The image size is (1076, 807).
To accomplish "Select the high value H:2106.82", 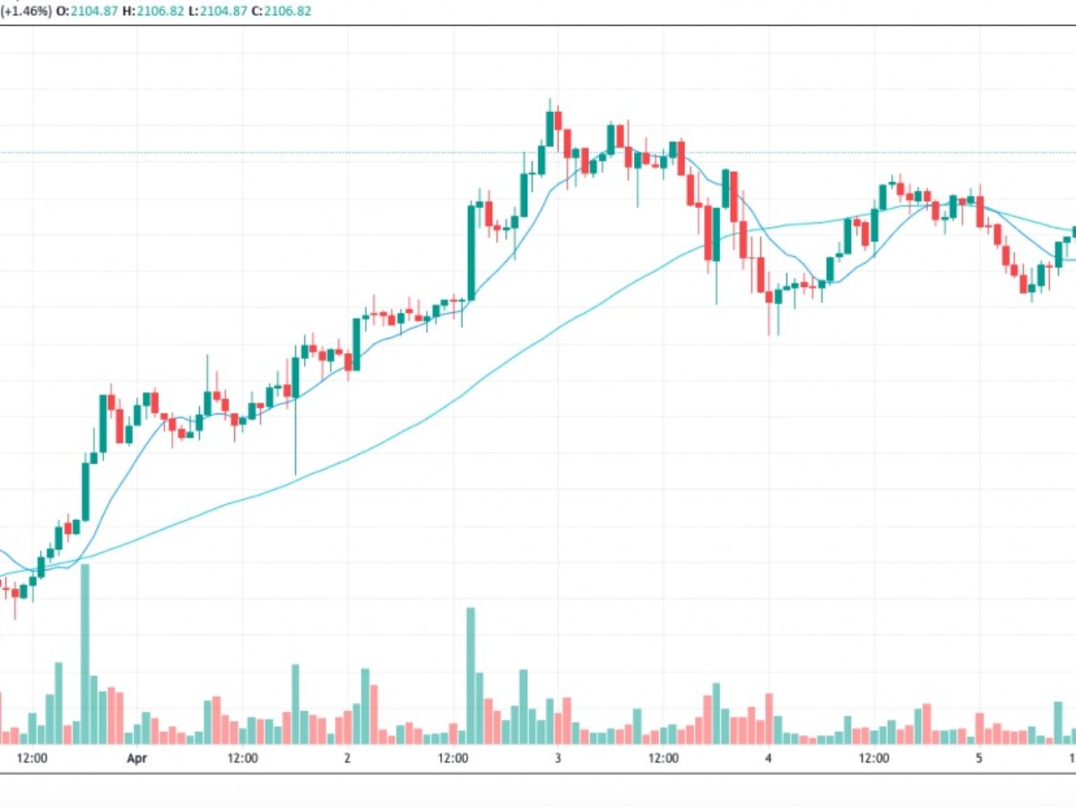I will click(x=155, y=12).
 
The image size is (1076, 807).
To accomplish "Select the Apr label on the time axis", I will click(x=136, y=759).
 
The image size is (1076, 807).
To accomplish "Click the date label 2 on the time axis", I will click(x=347, y=759).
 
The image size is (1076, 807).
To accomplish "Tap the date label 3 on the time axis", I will click(x=558, y=759).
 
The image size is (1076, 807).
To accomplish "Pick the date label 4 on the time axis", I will click(x=768, y=759).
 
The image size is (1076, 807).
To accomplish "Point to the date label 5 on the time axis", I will click(x=979, y=759).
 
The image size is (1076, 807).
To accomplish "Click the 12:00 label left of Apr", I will click(x=31, y=759).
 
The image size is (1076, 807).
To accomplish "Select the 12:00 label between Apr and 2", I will click(x=242, y=759).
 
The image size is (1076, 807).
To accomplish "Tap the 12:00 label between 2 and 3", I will click(x=453, y=759).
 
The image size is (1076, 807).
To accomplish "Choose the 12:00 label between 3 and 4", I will click(x=664, y=759).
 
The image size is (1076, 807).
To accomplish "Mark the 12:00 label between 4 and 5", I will click(x=874, y=759).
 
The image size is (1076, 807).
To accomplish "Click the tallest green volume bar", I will click(x=85, y=655).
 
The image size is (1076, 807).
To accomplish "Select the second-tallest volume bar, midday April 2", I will click(x=470, y=676).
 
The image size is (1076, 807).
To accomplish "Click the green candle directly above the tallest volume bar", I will click(x=86, y=491).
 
